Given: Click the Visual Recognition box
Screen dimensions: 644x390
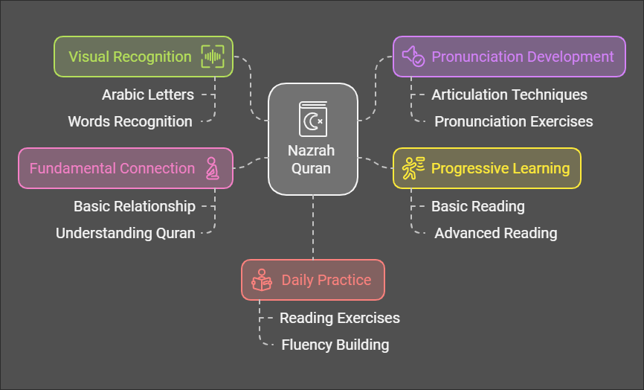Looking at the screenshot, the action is point(144,57).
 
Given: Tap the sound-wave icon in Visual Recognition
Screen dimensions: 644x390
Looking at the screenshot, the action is point(213,57).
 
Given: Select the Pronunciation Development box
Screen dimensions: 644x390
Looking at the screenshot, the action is point(509,57).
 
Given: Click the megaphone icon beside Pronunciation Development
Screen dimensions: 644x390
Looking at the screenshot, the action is point(413,57).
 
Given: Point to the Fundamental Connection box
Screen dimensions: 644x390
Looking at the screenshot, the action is point(126,168).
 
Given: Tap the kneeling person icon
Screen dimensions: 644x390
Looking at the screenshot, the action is point(212,168).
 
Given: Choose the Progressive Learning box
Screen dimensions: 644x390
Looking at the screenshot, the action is point(486,168).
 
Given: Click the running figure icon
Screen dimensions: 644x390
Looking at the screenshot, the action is point(413,168).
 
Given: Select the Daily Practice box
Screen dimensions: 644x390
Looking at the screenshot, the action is point(313,280).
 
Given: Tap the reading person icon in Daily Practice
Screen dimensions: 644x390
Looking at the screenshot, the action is point(262,280).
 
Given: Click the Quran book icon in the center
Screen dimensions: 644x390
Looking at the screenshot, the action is point(313,119).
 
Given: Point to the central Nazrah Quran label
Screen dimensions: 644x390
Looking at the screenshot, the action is point(311,159).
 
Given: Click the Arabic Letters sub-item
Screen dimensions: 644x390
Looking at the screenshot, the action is point(148,95).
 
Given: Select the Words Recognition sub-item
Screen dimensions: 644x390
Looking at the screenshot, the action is point(130,121).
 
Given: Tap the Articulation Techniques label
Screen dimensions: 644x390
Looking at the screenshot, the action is point(509,95).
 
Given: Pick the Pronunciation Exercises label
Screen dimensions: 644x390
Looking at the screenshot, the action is point(514,121).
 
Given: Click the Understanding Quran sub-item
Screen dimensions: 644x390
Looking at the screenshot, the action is point(126,234).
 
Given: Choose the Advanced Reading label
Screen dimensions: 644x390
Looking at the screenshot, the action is point(496,234).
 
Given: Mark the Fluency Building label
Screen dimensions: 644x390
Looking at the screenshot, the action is point(335,345).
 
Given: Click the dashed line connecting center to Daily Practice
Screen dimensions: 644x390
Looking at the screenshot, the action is point(313,227).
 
